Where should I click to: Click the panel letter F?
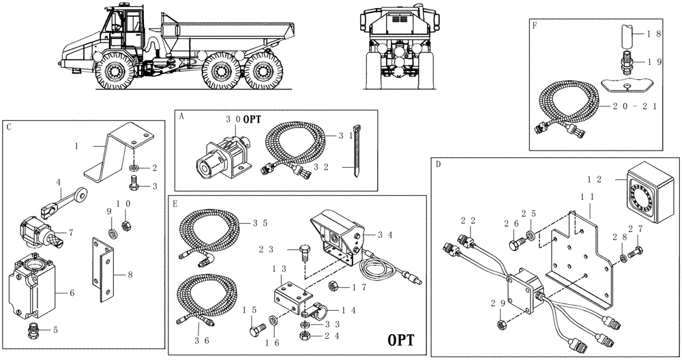[x=535, y=25]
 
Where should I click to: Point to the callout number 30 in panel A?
[x=233, y=119]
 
